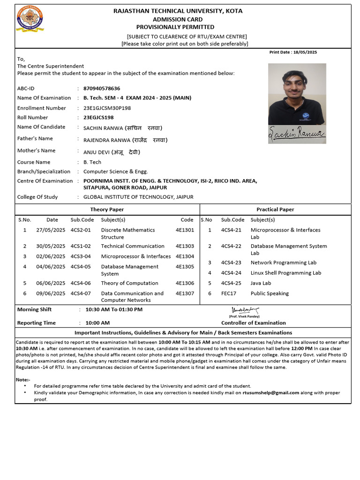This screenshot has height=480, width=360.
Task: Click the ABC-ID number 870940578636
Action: pos(102,88)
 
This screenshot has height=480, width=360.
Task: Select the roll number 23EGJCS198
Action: pos(98,118)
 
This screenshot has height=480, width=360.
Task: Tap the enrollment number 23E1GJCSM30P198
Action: pos(107,108)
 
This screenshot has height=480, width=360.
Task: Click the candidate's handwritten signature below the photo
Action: pos(297,134)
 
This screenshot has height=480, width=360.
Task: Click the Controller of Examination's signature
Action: pos(245,310)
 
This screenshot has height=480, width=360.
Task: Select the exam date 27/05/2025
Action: pos(51,230)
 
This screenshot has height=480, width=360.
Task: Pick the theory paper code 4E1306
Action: pos(185,283)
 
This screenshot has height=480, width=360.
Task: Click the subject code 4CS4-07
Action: pos(81,293)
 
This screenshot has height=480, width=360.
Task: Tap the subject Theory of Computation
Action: pos(129,283)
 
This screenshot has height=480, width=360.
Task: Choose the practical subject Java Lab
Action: pos(261,283)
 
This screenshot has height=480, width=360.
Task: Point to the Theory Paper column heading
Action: pos(107,210)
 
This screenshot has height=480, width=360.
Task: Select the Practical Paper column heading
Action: pos(275,210)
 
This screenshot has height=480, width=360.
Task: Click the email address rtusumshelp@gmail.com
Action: pos(271,393)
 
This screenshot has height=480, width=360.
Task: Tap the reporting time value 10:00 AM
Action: pos(97,323)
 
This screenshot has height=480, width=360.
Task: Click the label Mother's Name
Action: pos(36,150)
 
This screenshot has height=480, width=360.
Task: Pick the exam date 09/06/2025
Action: pos(51,293)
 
